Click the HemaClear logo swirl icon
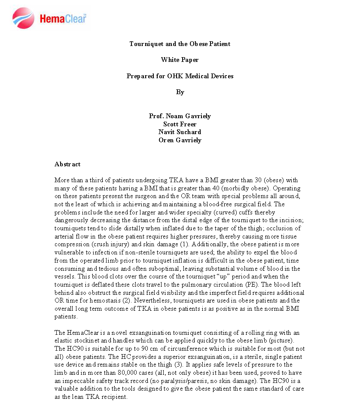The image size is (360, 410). click(x=24, y=18)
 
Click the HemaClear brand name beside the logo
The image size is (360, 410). click(x=63, y=18)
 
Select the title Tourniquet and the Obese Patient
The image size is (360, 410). click(x=180, y=44)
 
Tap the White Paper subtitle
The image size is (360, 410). click(x=180, y=60)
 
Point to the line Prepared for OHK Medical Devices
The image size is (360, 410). click(x=180, y=76)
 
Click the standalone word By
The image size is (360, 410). click(x=180, y=92)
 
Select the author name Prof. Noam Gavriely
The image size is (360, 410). click(x=180, y=116)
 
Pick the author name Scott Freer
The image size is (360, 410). click(x=180, y=124)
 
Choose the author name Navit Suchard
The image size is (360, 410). click(x=180, y=132)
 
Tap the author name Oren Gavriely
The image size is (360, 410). click(x=180, y=140)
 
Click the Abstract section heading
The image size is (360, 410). click(x=67, y=164)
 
